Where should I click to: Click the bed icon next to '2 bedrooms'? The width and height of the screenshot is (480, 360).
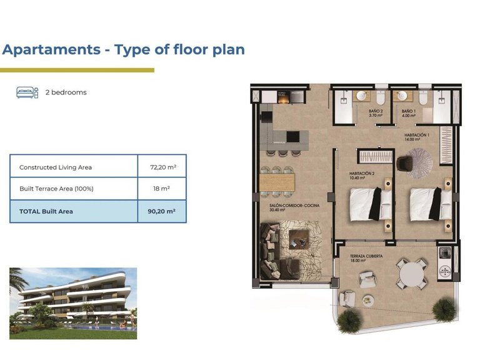[27, 92]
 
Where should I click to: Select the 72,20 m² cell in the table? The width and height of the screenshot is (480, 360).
[162, 167]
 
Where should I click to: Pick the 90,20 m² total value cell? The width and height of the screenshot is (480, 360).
[162, 211]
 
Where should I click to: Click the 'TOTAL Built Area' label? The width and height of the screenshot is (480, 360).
[46, 211]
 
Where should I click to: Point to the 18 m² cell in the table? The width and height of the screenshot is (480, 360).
[162, 188]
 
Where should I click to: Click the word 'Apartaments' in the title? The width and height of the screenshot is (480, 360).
[52, 50]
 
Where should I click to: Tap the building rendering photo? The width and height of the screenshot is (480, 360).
[73, 303]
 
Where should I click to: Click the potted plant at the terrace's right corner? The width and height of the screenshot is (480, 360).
[444, 309]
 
